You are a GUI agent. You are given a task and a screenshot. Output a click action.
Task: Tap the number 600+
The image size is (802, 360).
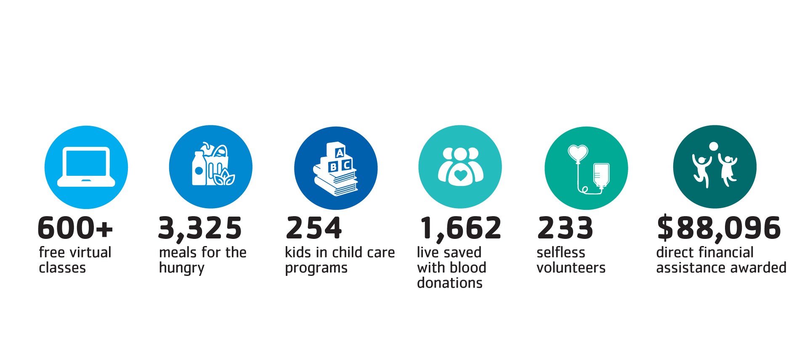tap(75, 228)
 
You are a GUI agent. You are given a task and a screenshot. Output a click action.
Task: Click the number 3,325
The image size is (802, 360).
tap(200, 228)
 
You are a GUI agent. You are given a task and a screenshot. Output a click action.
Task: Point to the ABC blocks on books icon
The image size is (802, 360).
tap(336, 169)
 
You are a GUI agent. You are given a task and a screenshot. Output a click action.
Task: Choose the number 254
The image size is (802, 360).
tap(314, 228)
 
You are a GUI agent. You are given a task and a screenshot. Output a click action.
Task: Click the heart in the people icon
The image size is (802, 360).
tap(461, 175)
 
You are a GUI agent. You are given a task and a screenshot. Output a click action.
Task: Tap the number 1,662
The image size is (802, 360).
tap(461, 228)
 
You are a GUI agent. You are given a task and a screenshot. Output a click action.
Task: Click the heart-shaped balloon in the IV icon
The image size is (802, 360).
tap(578, 152)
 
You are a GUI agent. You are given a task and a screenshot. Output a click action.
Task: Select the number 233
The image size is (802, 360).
tap(565, 228)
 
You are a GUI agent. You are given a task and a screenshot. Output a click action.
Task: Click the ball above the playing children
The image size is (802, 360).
tap(714, 147)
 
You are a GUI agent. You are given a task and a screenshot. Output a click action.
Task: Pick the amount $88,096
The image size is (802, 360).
tap(719, 228)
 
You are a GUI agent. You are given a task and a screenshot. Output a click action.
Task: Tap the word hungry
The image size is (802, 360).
tap(182, 268)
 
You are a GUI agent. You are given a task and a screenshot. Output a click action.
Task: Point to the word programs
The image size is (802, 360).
tap(316, 268)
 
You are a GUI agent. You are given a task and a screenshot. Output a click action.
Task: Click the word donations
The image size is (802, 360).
tap(450, 283)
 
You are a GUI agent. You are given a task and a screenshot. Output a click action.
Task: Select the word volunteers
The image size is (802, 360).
tap(571, 268)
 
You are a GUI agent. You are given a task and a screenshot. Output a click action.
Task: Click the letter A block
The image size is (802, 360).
tap(339, 153)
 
